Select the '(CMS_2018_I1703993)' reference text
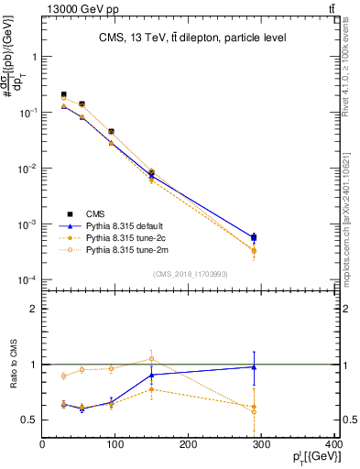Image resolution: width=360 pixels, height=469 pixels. [189, 272]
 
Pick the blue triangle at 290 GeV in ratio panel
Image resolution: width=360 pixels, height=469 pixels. [254, 367]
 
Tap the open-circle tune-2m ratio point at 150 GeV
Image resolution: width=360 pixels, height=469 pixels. [152, 358]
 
